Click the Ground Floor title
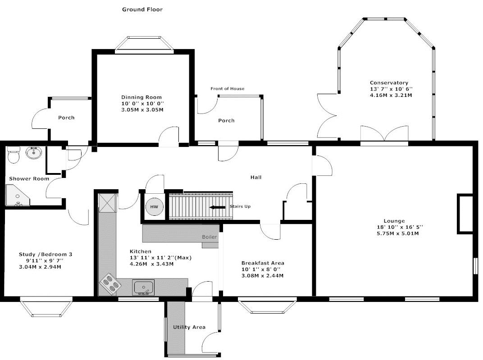[142, 9]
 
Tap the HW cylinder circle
[154, 207]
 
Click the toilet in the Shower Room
[13, 155]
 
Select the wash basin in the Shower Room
[34, 152]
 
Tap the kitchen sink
[144, 287]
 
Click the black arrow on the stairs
[217, 207]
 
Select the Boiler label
[210, 237]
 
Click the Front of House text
[228, 89]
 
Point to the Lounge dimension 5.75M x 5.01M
[398, 233]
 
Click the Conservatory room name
[389, 82]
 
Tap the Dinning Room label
[141, 97]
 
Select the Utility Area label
[189, 327]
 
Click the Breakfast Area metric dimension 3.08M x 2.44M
[262, 276]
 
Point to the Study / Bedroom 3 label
[46, 255]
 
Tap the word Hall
[255, 177]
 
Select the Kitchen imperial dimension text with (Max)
[160, 258]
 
